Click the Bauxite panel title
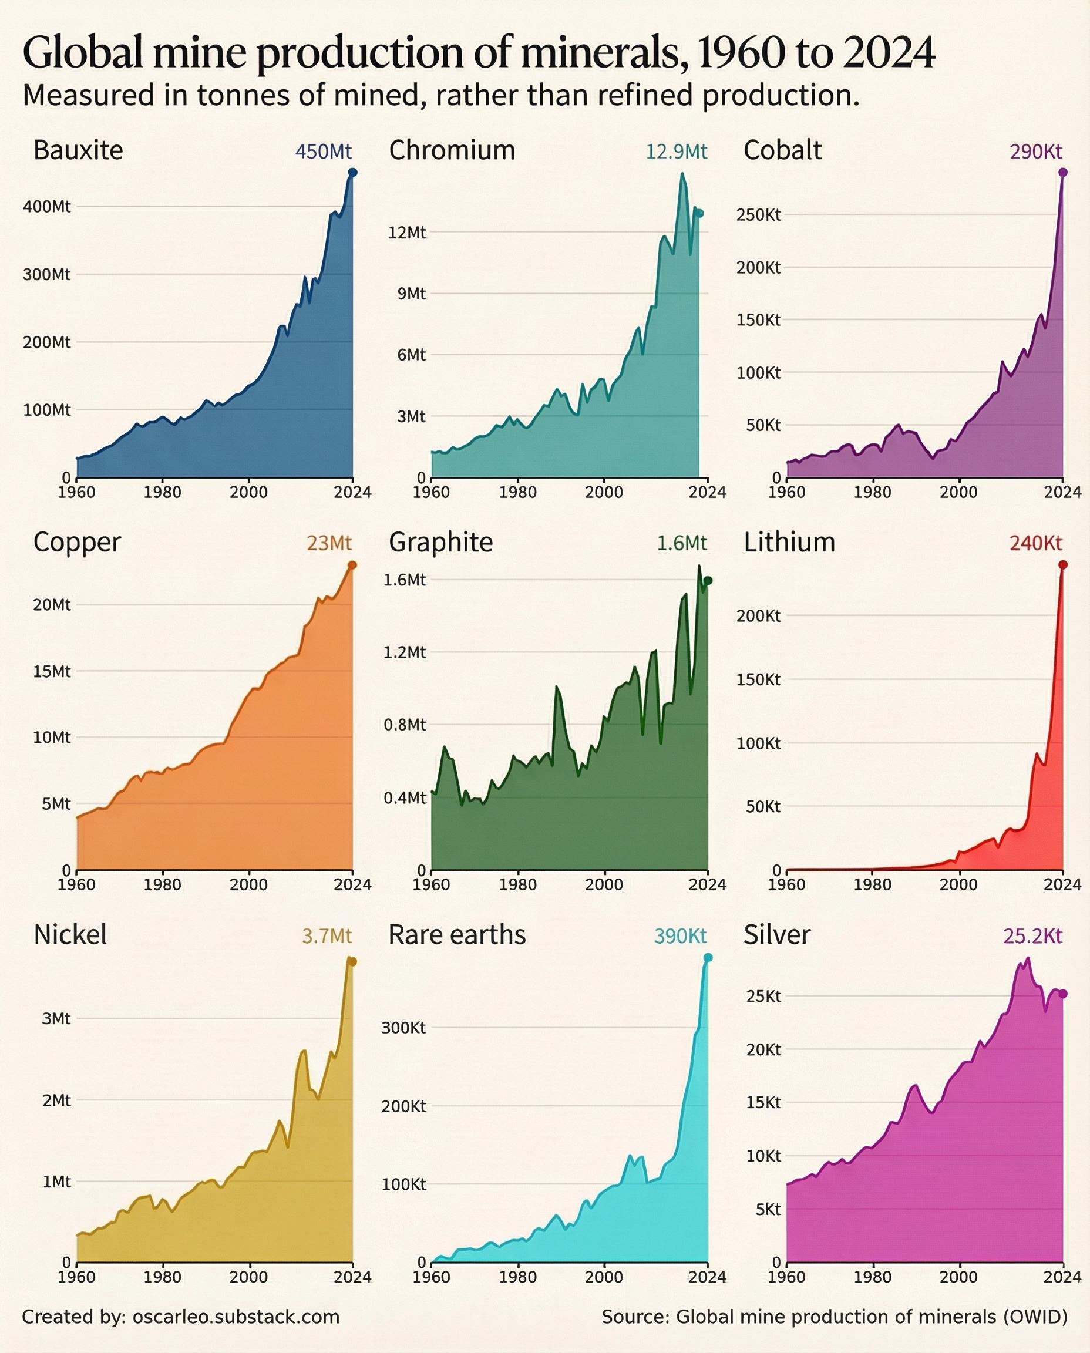[78, 151]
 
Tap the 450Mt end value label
[324, 152]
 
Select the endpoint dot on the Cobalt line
[1063, 172]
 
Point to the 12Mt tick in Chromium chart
[407, 233]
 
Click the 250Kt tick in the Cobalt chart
[759, 215]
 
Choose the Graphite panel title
[441, 543]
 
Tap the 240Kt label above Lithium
[1035, 543]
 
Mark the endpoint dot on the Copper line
[352, 565]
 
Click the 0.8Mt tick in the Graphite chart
[405, 725]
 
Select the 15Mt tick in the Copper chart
[52, 672]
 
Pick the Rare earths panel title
[456, 935]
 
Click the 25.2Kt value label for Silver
[1032, 936]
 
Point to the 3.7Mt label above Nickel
[327, 936]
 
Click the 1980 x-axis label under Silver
[873, 1277]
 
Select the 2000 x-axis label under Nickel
[248, 1277]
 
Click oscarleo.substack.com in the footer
[236, 1317]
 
